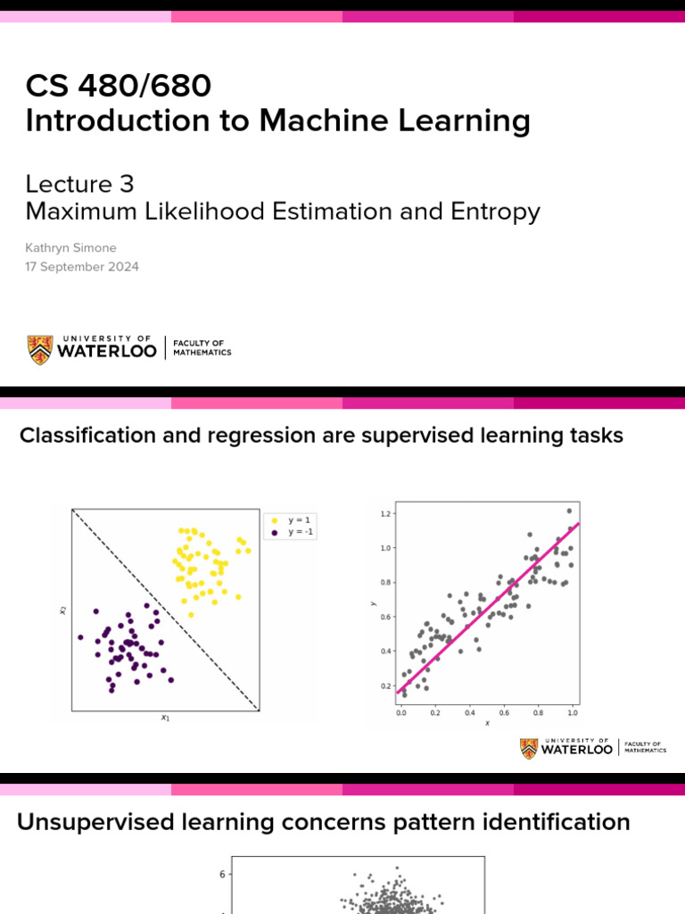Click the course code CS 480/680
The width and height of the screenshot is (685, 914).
(119, 87)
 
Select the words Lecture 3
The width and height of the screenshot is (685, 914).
(79, 183)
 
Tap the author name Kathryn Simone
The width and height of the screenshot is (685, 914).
(70, 248)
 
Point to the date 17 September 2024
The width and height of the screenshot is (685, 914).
(82, 266)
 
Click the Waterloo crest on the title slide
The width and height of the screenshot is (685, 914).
(40, 349)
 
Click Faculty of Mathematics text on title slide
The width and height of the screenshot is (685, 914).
(202, 348)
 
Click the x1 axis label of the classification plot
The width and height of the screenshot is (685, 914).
(165, 718)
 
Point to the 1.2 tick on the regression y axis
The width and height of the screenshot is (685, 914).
(385, 514)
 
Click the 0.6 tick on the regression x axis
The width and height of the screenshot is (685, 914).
(503, 713)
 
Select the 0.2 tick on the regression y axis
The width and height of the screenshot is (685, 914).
(385, 685)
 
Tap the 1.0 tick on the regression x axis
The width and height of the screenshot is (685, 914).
(572, 713)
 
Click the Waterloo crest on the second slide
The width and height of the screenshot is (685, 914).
(530, 748)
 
